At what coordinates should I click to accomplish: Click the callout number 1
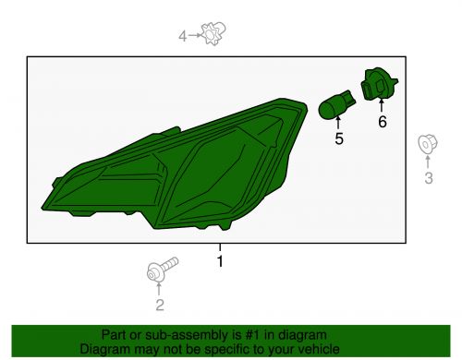click(x=220, y=261)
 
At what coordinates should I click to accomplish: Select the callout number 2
click(x=160, y=305)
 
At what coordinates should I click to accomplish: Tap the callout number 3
click(x=429, y=178)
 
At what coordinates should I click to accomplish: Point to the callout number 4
click(x=183, y=36)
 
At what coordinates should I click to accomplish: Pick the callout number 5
click(x=339, y=138)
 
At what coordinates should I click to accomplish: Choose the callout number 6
click(x=383, y=122)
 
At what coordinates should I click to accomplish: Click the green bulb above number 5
click(x=336, y=104)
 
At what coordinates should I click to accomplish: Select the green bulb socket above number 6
click(x=379, y=84)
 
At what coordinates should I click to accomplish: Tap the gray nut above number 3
click(x=428, y=144)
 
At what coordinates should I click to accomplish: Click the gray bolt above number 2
click(x=162, y=270)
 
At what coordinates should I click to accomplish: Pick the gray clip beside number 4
click(x=213, y=33)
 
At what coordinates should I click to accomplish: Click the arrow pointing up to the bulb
click(x=338, y=123)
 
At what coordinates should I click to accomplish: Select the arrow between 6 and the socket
click(x=382, y=105)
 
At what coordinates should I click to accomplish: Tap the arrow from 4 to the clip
click(x=195, y=35)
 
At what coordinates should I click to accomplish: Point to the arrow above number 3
click(x=428, y=162)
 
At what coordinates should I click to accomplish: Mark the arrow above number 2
click(x=159, y=289)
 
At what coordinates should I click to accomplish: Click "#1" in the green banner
click(x=252, y=335)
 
